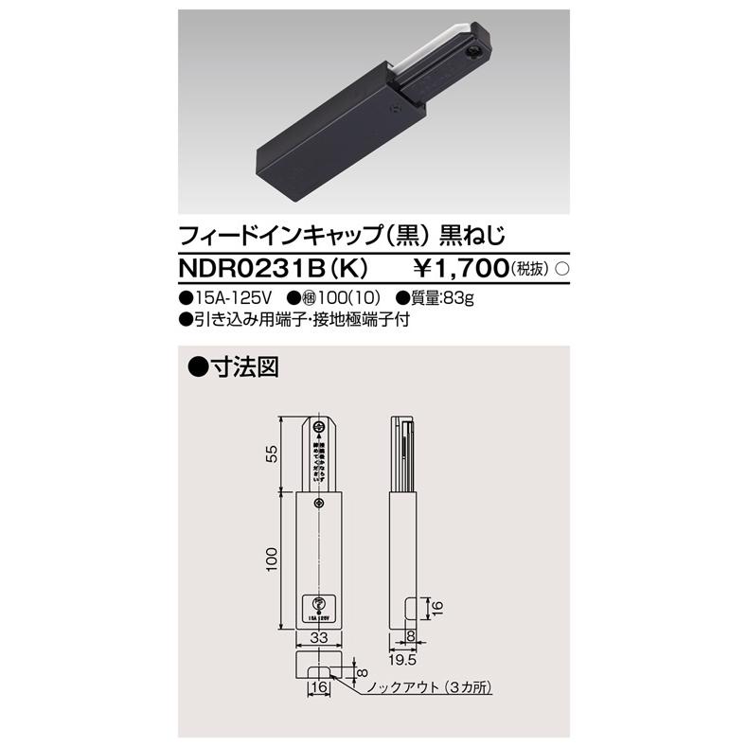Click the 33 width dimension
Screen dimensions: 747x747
tap(322, 639)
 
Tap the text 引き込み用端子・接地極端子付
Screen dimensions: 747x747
tap(300, 321)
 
